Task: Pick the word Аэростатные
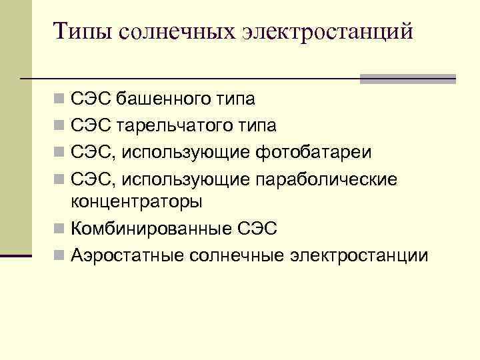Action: pos(127,255)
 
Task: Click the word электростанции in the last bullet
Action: pos(361,255)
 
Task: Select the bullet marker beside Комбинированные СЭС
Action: pos(59,229)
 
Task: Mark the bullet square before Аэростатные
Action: pos(59,255)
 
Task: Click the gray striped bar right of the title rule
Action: pos(407,79)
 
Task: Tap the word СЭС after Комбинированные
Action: pos(257,229)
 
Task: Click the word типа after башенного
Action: pos(235,100)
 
